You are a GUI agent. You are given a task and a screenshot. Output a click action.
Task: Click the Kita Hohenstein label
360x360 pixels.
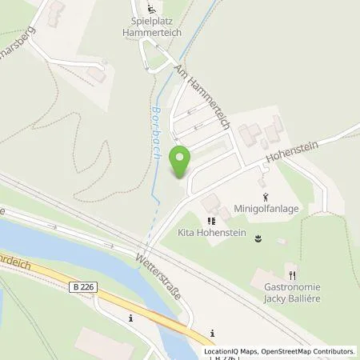pyautogui.click(x=210, y=234)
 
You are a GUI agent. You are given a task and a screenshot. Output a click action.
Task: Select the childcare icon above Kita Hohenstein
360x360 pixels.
pyautogui.click(x=210, y=220)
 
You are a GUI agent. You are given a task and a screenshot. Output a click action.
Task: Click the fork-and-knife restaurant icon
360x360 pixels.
pyautogui.click(x=294, y=270)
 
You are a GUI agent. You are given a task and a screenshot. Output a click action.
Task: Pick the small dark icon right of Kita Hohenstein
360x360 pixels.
pyautogui.click(x=258, y=238)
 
